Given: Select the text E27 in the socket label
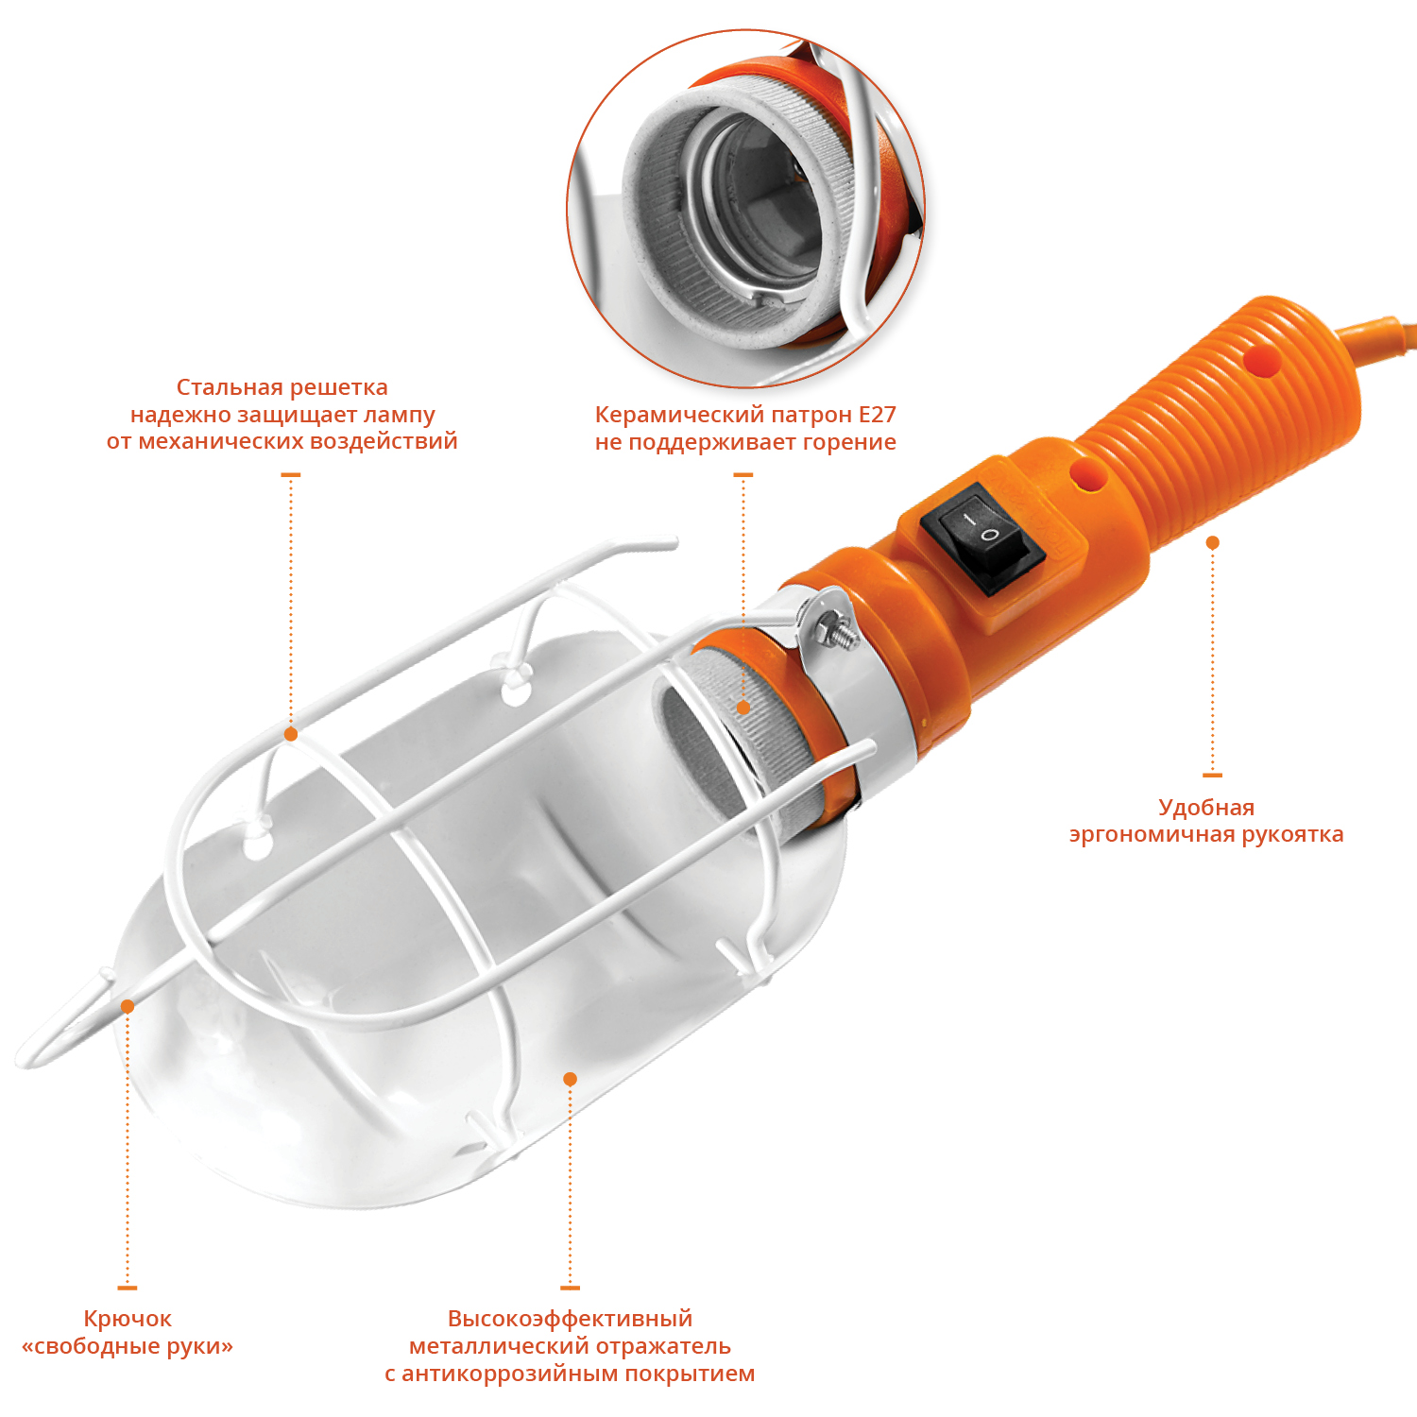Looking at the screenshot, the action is tap(877, 415).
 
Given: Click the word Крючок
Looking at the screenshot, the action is tap(128, 1319).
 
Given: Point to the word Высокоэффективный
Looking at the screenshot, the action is tap(570, 1319).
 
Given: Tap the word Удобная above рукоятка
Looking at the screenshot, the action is tap(1206, 808).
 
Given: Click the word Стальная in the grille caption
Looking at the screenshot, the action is tap(230, 387).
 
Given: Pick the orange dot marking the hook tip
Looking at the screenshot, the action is tap(128, 1007).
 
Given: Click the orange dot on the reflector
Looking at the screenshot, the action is tap(570, 1079).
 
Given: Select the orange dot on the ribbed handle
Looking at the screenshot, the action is tap(1213, 543).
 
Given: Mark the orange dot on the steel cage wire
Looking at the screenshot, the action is tap(291, 734).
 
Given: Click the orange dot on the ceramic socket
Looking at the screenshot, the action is tap(743, 708).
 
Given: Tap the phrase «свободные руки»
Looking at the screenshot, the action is tap(128, 1346).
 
